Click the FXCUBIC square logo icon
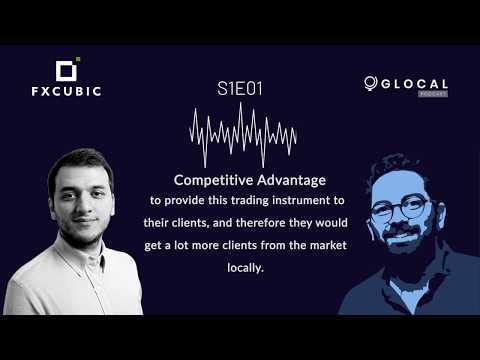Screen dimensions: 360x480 [66, 70]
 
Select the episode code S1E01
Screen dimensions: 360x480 [240, 89]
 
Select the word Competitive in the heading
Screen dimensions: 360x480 [208, 180]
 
